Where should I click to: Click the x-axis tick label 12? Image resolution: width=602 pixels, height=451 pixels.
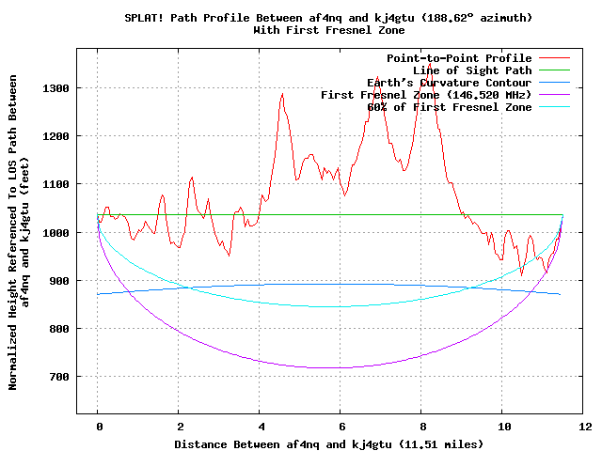click(584, 426)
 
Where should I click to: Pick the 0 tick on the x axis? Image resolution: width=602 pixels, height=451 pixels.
click(98, 426)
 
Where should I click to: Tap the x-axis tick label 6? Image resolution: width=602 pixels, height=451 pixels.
click(341, 426)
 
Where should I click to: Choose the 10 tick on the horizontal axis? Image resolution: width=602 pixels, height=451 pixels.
click(503, 426)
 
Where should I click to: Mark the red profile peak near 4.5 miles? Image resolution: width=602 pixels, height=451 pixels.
click(282, 94)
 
